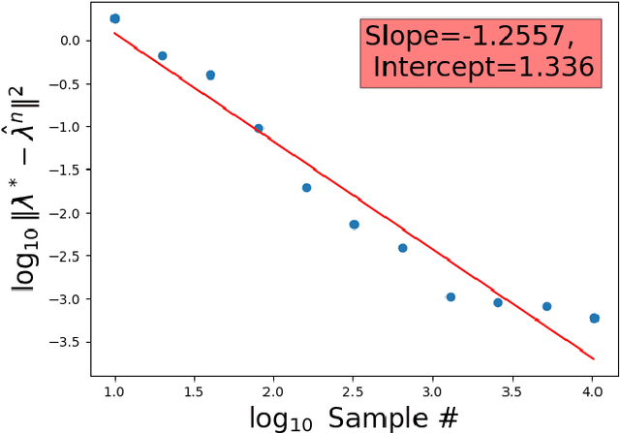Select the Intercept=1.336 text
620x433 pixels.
pos(482,67)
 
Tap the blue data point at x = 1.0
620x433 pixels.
pos(114,18)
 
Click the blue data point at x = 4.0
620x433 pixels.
pos(594,318)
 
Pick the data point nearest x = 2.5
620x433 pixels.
pos(354,224)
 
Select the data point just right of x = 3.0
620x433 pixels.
pos(449,296)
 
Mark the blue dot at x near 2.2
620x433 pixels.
pos(306,187)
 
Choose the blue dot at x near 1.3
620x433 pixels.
pos(162,55)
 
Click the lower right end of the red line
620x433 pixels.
pos(594,358)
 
